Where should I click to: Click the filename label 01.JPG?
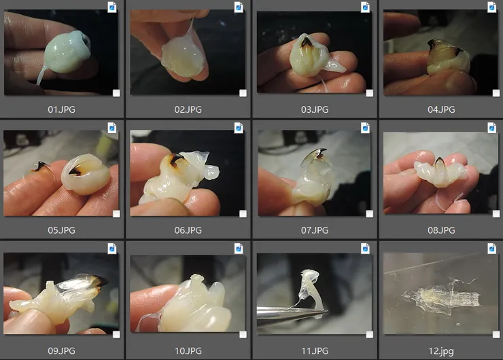tap(62, 109)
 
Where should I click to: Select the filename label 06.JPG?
tap(188, 230)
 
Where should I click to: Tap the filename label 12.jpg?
tap(441, 351)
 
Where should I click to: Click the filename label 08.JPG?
tap(441, 230)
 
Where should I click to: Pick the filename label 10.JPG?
tap(188, 351)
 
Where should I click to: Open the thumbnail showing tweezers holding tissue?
tap(314, 293)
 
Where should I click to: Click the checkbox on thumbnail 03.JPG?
tap(370, 93)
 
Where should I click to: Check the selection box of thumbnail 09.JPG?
tap(116, 335)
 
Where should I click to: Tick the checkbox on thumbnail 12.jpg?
tap(496, 335)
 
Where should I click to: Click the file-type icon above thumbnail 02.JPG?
tap(239, 7)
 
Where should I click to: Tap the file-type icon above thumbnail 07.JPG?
tap(366, 128)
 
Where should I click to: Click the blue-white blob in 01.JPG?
tap(67, 52)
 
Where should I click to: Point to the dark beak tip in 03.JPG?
tap(307, 41)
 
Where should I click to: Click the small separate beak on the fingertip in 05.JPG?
tap(40, 166)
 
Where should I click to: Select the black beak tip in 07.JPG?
tap(321, 152)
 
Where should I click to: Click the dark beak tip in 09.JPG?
tap(99, 281)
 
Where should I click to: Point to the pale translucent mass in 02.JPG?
tap(183, 57)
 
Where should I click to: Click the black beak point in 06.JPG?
tap(176, 159)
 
